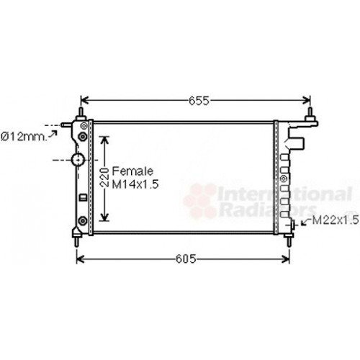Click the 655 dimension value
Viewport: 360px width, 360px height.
click(x=194, y=102)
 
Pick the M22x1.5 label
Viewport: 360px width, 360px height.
click(x=335, y=220)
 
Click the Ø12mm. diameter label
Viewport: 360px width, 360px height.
click(x=24, y=135)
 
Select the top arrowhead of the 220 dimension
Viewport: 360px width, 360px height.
click(x=105, y=139)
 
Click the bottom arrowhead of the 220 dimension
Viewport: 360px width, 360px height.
click(x=105, y=217)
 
